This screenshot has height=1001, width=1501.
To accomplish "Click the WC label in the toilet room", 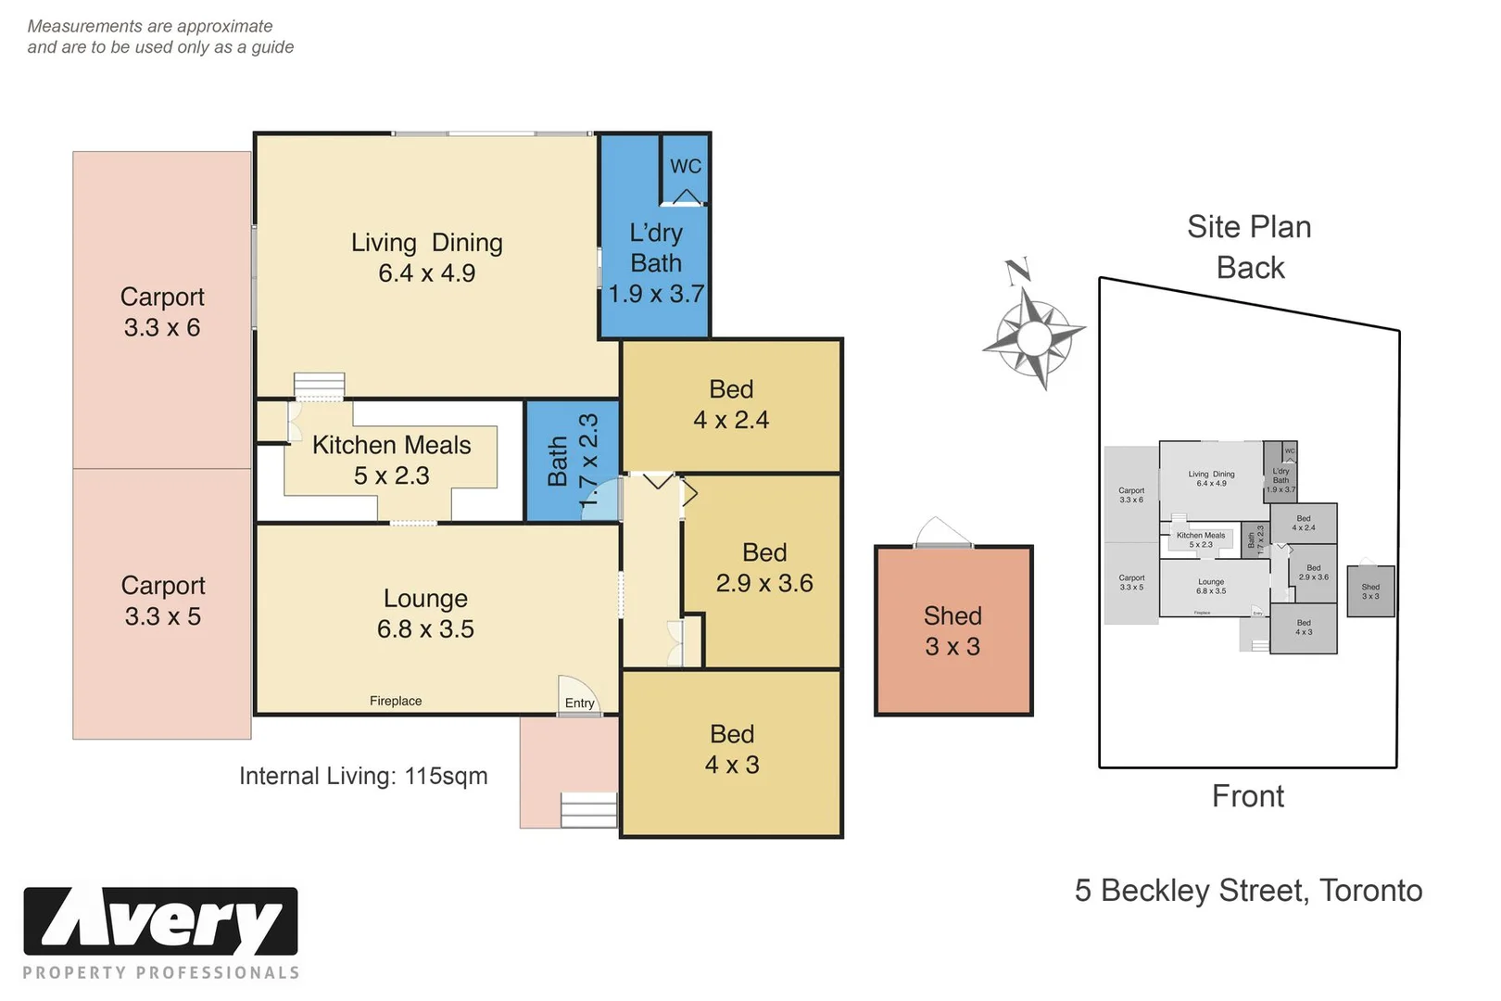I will click(x=685, y=167).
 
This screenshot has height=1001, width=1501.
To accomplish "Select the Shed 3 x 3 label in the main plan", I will click(x=952, y=631).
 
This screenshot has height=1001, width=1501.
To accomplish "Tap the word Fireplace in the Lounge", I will click(x=396, y=701).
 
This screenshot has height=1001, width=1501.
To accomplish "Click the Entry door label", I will click(x=579, y=703).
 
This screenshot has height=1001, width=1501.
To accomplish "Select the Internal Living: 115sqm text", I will click(x=363, y=776).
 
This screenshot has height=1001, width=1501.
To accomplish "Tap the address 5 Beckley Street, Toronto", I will click(x=1248, y=890).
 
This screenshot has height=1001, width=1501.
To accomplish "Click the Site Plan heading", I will click(x=1249, y=227).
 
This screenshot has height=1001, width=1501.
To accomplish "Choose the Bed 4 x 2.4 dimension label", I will click(x=731, y=405).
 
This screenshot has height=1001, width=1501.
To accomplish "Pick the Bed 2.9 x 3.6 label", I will click(x=764, y=568).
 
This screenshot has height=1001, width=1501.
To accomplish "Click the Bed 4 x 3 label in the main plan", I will click(x=732, y=750).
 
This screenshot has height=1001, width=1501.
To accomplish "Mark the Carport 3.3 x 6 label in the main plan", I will click(x=162, y=312).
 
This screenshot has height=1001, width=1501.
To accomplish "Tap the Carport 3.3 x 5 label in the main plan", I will click(x=163, y=601).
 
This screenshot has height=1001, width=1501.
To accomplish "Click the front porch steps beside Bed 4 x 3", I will click(x=588, y=809).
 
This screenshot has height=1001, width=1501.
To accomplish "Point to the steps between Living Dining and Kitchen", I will click(x=319, y=386).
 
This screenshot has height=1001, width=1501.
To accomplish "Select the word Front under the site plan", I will click(x=1248, y=796).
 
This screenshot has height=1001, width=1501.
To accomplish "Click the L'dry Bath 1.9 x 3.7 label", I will click(x=656, y=263).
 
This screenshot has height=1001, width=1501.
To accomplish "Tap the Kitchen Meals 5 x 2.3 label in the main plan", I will click(x=392, y=461).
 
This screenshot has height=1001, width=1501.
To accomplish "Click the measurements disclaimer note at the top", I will click(x=160, y=37).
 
